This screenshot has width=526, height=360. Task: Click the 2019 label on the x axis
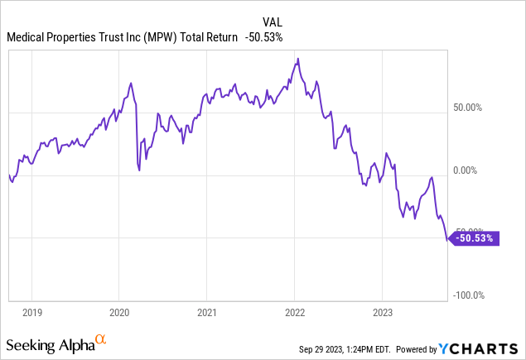click(x=31, y=313)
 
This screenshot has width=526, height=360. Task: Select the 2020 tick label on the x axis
click(x=119, y=313)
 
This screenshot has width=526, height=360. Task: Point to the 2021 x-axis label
click(x=207, y=313)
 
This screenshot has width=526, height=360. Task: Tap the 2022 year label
click(x=295, y=313)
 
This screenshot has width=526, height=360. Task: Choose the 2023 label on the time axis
click(x=383, y=313)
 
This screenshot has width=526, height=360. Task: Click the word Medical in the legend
click(x=27, y=37)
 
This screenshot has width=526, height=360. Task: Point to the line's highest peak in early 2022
click(x=297, y=58)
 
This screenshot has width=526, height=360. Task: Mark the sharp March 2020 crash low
click(x=138, y=170)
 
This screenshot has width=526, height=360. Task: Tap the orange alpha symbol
click(x=101, y=339)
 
